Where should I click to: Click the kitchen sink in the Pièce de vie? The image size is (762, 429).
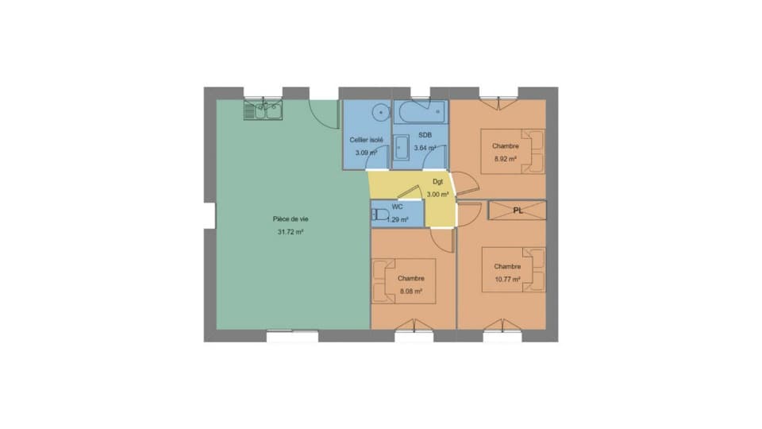263,111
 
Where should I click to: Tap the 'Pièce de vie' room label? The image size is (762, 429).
291,218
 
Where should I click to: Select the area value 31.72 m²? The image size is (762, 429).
291,232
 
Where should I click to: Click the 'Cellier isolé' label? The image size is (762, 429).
367,140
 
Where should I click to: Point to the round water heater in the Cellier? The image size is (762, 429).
381,112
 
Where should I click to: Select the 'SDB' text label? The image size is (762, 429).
425,135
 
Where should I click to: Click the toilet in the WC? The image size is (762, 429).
380,214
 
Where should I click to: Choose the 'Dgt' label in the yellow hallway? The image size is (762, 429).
437,181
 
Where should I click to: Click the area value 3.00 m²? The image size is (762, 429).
437,194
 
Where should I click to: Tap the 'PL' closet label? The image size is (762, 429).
518,211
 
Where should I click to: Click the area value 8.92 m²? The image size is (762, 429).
506,159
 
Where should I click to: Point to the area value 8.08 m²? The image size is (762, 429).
410,292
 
